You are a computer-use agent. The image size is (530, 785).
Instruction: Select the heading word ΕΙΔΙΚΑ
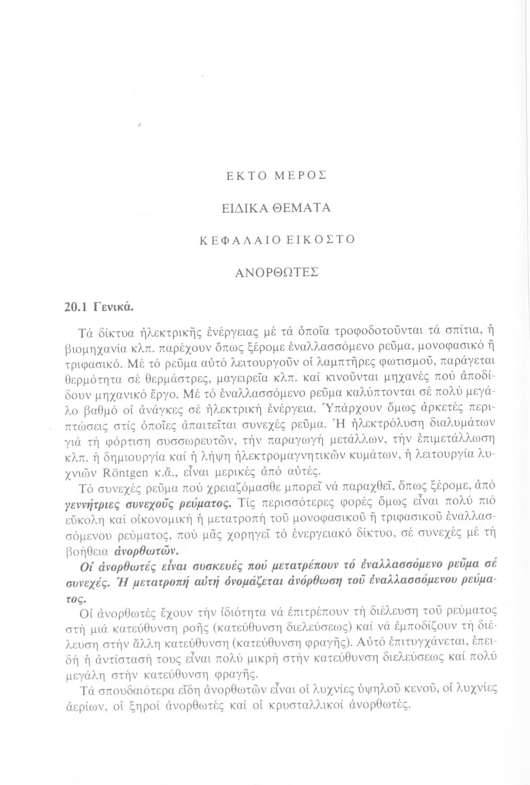point(240,207)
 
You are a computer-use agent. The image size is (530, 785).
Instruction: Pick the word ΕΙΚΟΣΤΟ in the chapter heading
point(321,239)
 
